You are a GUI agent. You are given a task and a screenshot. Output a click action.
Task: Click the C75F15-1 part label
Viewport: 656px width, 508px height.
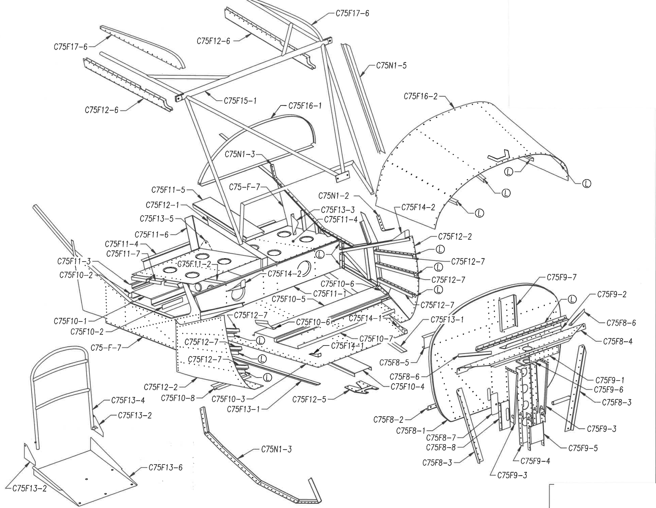[x=240, y=101]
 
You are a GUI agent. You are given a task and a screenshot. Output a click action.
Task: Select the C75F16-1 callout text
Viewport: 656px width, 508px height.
[x=305, y=106]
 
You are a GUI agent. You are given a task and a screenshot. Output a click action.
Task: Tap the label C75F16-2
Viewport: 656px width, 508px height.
[x=421, y=96]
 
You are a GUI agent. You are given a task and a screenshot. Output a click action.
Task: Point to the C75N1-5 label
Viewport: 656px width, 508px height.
[x=391, y=66]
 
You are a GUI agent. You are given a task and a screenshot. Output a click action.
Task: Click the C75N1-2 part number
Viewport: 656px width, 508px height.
[x=334, y=196]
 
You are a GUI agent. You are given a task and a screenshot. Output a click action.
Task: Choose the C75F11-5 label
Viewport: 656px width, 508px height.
[x=168, y=190]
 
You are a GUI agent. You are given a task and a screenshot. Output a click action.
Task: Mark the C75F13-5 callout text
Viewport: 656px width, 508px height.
[x=157, y=219]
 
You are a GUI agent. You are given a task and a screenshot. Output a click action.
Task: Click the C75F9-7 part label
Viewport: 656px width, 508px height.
[x=561, y=277]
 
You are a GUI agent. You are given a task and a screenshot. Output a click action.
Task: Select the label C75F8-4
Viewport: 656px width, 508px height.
[x=618, y=342]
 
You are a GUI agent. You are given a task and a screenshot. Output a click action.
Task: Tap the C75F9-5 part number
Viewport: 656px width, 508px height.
[x=583, y=448]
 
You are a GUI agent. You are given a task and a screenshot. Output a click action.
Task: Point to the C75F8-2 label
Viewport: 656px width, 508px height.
[x=388, y=419]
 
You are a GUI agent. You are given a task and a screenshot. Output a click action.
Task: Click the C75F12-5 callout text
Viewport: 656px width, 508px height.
[x=309, y=399]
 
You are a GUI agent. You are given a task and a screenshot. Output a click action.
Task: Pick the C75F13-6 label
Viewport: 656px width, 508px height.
[x=165, y=467]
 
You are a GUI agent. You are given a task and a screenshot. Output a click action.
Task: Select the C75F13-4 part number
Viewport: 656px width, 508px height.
[x=128, y=400]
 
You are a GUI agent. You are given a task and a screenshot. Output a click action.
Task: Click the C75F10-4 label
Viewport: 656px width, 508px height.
[x=408, y=387]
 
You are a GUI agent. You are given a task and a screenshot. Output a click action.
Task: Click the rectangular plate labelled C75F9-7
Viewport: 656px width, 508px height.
[x=507, y=315]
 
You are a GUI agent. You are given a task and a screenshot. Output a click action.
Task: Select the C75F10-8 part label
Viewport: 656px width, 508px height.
[x=178, y=398]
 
